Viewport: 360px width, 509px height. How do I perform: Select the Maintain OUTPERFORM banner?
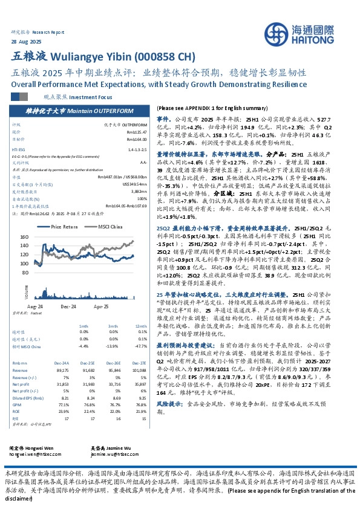coord(79,112)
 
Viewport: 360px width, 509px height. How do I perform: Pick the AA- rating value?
coord(143,162)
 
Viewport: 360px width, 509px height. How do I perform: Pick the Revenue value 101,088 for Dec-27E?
coord(139,369)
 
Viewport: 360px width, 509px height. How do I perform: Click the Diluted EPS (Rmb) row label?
coord(24,399)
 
